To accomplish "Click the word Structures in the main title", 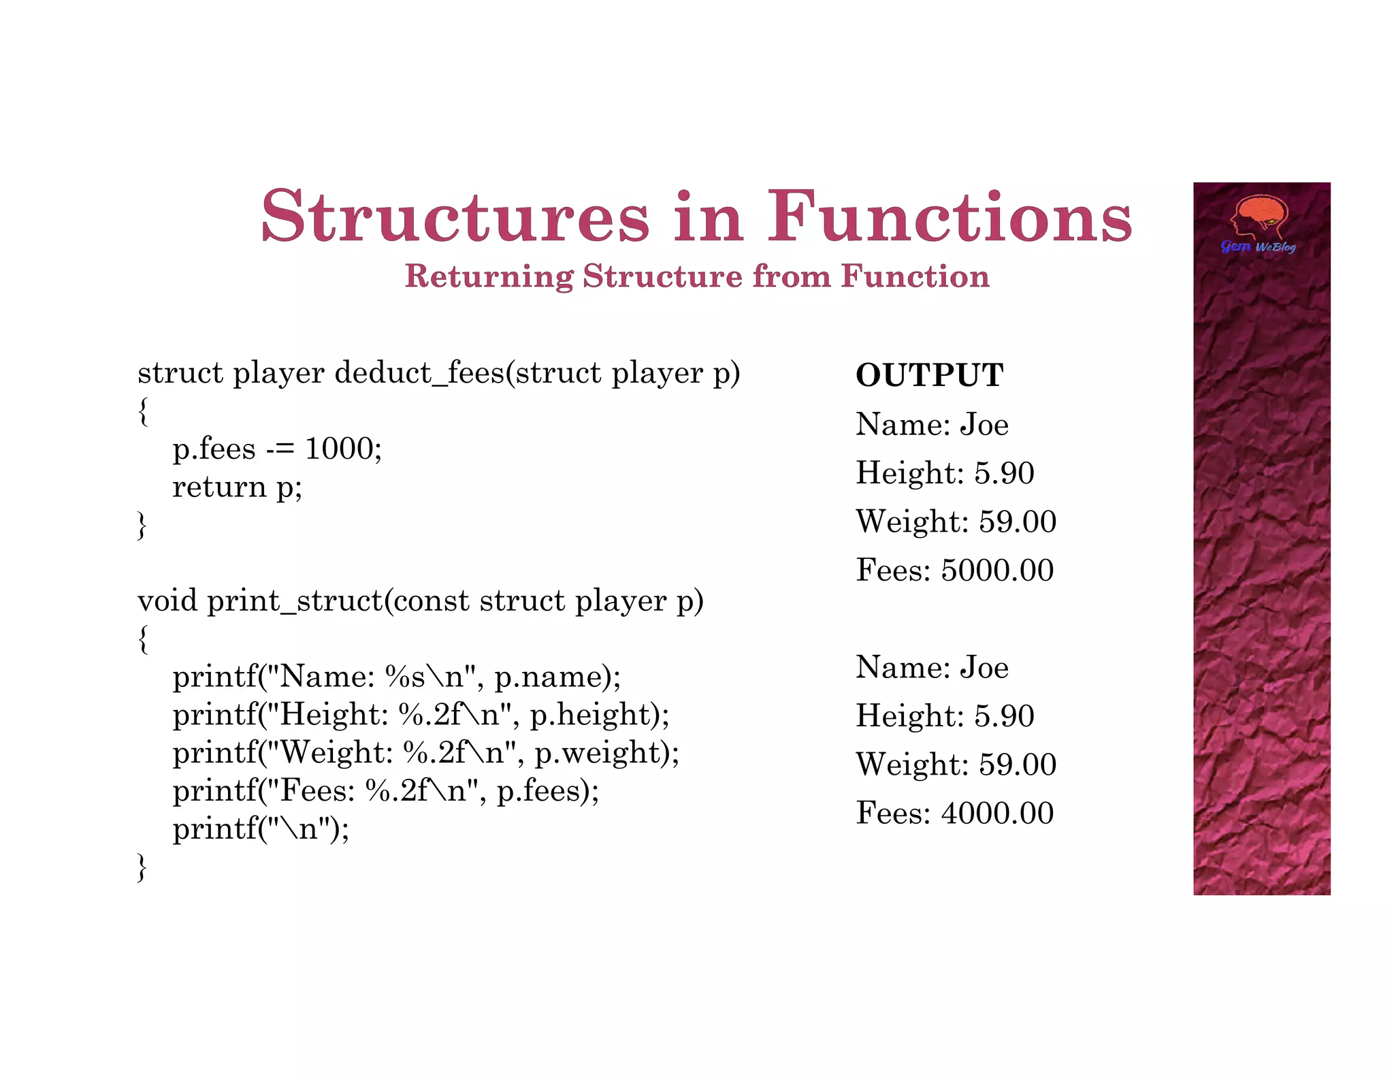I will click(455, 216).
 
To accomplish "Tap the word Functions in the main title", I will click(950, 216).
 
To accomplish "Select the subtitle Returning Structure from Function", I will click(697, 276).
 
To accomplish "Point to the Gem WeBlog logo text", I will click(1258, 246).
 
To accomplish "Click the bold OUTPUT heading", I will click(929, 375).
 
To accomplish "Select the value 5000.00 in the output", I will click(997, 570).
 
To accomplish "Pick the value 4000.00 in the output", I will click(997, 813).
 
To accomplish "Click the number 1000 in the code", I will click(338, 449).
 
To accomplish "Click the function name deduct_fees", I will click(419, 373).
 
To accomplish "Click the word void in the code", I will click(167, 601).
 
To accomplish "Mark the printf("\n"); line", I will click(261, 829).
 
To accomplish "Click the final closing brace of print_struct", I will click(142, 867).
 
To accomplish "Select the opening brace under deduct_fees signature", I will click(142, 411).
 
